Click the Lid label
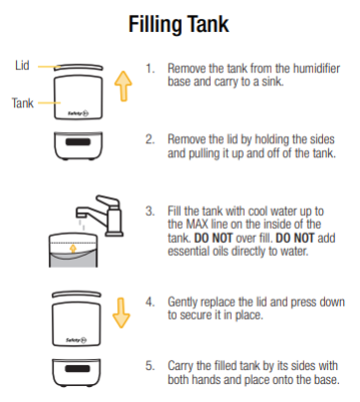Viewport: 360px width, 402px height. [x=22, y=66]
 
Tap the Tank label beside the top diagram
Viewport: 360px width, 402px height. [x=23, y=102]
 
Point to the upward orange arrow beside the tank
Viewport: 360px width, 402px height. [x=123, y=86]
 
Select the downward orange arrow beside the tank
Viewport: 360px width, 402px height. [x=121, y=312]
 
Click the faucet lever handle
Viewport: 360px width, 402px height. [x=107, y=200]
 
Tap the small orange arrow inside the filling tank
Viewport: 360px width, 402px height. [x=74, y=249]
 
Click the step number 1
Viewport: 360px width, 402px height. [x=150, y=69]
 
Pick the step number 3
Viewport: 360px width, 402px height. [x=150, y=211]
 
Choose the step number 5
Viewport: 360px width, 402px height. [x=150, y=366]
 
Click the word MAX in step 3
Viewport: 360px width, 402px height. [x=198, y=224]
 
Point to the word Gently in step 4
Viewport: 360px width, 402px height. [x=183, y=302]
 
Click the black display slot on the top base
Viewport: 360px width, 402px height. [x=79, y=142]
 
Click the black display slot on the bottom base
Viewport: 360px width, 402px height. [x=77, y=368]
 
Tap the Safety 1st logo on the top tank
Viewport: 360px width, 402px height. [x=79, y=113]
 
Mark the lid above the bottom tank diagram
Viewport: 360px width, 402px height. [x=77, y=295]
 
